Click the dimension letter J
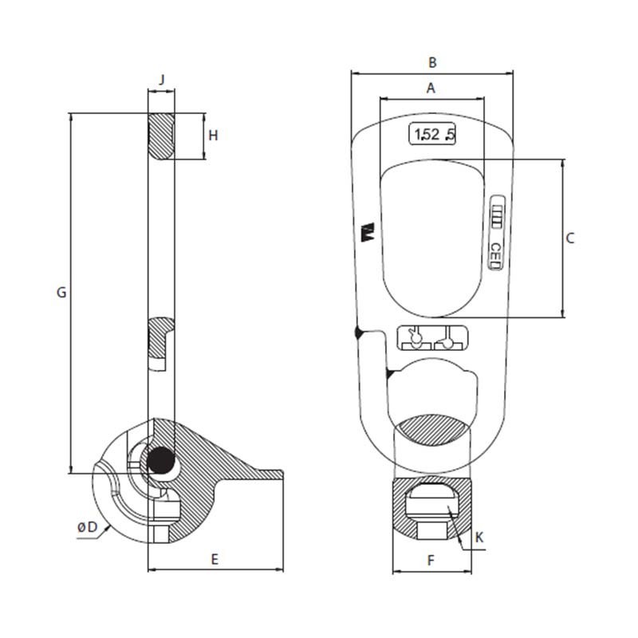click(x=162, y=79)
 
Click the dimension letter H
click(x=213, y=136)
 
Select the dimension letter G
click(x=61, y=293)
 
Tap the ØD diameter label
click(x=87, y=527)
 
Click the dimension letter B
click(x=432, y=61)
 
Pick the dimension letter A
click(x=431, y=89)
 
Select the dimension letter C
click(x=569, y=238)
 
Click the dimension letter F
click(x=431, y=561)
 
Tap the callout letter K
click(x=478, y=538)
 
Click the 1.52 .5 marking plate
click(x=431, y=135)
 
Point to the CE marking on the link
click(x=495, y=253)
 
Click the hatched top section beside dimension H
click(x=162, y=136)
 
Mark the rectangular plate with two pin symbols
click(x=431, y=337)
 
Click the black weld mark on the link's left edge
click(x=357, y=332)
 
